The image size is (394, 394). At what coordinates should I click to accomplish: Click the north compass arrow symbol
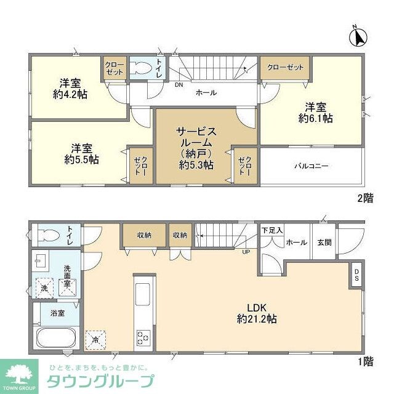tap(358, 38)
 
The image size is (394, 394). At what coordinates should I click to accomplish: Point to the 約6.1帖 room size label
tap(316, 118)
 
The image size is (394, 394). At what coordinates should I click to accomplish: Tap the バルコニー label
tap(311, 166)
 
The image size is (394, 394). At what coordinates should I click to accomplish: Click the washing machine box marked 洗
tap(44, 287)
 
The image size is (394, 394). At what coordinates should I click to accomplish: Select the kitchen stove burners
tap(143, 337)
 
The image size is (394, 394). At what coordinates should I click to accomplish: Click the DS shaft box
tap(356, 275)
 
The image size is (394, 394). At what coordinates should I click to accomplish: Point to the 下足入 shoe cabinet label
tap(272, 231)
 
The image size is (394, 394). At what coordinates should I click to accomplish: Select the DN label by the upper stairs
tap(179, 85)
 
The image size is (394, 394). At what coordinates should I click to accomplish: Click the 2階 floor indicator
tap(364, 198)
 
